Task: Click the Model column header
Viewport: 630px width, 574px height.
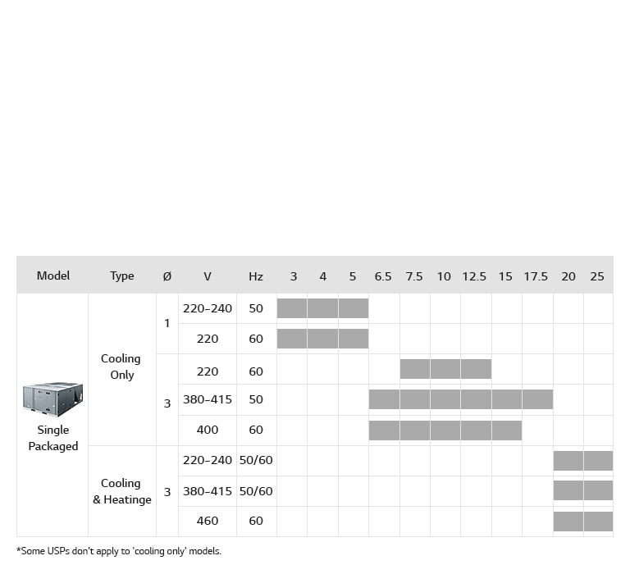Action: (53, 276)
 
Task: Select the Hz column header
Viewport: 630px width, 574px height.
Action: (256, 276)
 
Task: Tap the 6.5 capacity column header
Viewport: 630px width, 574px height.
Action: (383, 276)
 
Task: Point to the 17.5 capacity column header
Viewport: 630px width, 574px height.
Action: (536, 276)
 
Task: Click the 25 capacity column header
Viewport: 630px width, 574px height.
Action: (597, 276)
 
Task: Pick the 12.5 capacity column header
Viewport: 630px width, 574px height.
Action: (474, 276)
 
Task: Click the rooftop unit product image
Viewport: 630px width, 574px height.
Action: (52, 399)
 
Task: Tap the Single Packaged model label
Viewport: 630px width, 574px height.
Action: (53, 438)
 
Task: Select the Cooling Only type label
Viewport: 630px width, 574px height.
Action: (121, 367)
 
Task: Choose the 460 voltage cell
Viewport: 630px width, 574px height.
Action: (208, 521)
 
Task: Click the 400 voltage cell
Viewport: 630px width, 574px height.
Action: (208, 430)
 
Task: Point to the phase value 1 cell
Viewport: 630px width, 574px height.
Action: (167, 323)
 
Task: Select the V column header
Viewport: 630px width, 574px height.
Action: (208, 276)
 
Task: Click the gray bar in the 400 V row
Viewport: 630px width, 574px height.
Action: (445, 430)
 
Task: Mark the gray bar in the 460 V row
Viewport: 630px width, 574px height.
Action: (582, 521)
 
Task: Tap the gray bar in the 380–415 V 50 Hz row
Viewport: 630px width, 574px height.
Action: (460, 399)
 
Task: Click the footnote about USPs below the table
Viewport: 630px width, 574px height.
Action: (119, 551)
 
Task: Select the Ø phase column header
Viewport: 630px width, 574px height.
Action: (167, 276)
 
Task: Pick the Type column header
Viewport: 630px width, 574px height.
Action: (121, 276)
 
